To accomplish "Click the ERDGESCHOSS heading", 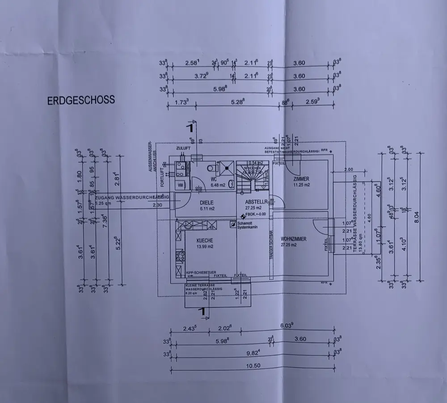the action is pos(81,99).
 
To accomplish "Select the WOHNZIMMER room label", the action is pos(294,239).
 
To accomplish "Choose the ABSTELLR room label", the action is pos(256,202).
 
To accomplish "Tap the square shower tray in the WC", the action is pos(228,168).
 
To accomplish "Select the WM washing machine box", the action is pos(181,184).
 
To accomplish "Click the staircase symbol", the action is pos(253,177).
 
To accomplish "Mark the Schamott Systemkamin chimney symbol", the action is pos(233,225).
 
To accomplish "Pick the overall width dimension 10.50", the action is pos(253,365).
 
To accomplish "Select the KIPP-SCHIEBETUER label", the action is pos(201,272).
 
